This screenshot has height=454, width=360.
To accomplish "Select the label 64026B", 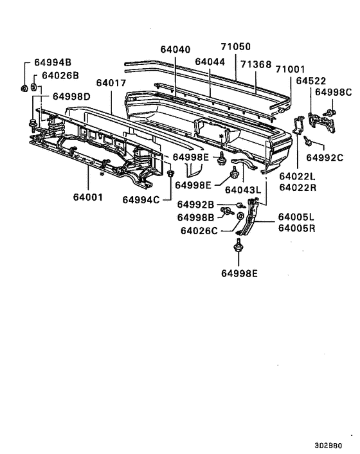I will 60,75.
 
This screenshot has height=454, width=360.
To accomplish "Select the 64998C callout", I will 334,93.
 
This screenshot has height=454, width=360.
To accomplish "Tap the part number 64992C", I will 325,156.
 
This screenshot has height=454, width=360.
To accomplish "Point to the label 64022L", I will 298,176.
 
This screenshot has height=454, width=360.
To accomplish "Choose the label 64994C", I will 142,199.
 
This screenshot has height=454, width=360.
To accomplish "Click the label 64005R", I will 296,228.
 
